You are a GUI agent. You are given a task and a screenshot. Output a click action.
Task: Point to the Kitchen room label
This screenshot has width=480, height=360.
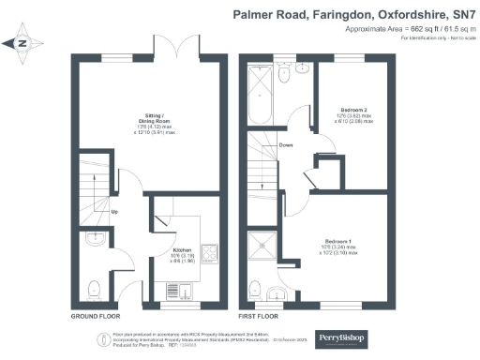tap(182, 250)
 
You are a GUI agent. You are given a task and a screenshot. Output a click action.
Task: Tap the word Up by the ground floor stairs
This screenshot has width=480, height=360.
tap(115, 210)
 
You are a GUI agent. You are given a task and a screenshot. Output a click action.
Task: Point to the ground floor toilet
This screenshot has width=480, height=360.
tap(94, 288)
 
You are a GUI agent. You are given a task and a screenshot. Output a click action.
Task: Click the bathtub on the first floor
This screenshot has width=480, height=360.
tap(258, 98)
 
